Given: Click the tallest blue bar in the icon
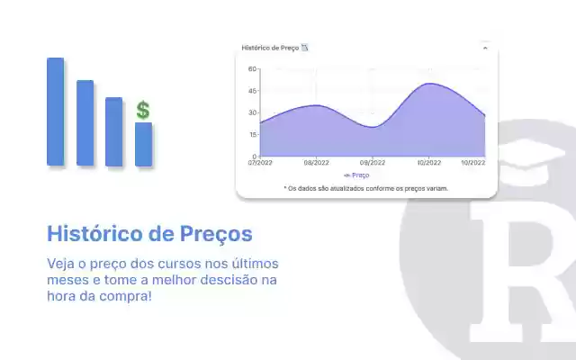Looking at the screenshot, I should tap(56, 112).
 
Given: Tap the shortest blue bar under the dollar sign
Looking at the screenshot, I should tap(143, 144).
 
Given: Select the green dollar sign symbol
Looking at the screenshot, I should tap(143, 111).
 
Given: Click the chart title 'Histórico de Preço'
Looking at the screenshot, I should tap(270, 48).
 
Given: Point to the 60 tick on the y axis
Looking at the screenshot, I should tap(253, 68).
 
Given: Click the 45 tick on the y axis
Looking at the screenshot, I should tap(253, 91).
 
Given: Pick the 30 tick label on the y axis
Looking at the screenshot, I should tap(253, 112).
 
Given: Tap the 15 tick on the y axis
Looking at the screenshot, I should tap(253, 135).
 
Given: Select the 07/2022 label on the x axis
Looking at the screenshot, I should tap(260, 163).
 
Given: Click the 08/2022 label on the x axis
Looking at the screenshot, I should tap(316, 163).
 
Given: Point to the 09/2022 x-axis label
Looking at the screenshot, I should tap(372, 163).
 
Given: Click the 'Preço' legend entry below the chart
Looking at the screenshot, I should tap(357, 175).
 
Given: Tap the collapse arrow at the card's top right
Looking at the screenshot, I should tap(485, 48).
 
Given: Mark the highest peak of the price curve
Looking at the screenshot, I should tap(430, 84).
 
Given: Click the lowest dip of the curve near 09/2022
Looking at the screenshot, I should tap(372, 127).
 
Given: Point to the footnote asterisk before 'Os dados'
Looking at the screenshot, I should tap(285, 188).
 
